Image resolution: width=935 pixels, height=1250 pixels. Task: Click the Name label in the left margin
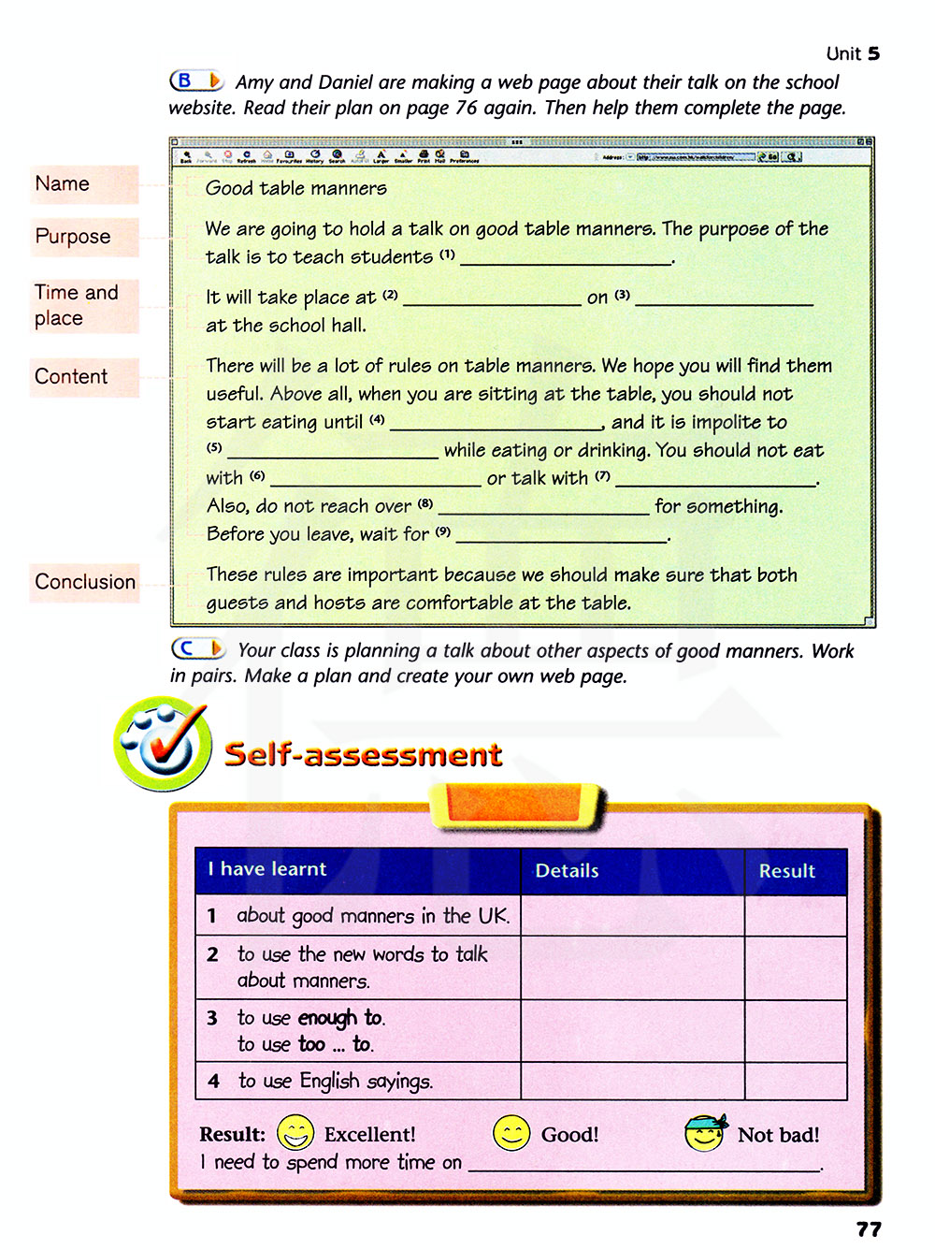pos(63,184)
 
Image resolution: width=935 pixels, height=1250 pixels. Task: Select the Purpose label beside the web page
pos(73,237)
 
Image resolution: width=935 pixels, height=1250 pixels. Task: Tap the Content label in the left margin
pos(71,377)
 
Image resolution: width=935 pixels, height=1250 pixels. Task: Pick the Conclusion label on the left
pos(85,582)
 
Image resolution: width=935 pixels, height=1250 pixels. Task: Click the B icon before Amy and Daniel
pos(195,81)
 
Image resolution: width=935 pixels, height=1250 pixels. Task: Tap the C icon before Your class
pos(197,648)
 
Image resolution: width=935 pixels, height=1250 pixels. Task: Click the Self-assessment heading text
pos(363,755)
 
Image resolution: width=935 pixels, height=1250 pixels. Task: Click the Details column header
pos(567,871)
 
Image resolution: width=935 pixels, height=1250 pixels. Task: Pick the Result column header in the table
pos(786,871)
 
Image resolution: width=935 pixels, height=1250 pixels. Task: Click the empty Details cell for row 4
pos(632,1081)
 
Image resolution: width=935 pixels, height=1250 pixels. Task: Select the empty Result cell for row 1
pos(796,916)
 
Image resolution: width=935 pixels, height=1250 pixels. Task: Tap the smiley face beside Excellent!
pos(295,1133)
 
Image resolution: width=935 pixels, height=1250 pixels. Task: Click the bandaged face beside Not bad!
pos(705,1133)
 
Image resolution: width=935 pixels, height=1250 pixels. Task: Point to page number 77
pos(869,1229)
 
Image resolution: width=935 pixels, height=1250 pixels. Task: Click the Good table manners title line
pos(296,188)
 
